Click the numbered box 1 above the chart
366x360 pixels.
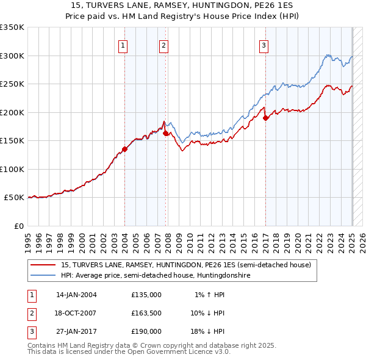point(123,45)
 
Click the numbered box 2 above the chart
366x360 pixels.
point(163,45)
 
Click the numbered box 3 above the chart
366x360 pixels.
point(264,45)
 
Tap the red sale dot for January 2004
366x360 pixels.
point(124,148)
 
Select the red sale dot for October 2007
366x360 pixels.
point(165,132)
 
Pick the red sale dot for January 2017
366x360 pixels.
point(266,118)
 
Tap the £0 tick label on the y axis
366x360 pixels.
point(18,226)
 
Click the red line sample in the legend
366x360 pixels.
point(43,265)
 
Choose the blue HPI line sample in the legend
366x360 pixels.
point(43,276)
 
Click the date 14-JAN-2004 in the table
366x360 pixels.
point(76,295)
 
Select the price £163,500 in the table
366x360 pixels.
point(146,313)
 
